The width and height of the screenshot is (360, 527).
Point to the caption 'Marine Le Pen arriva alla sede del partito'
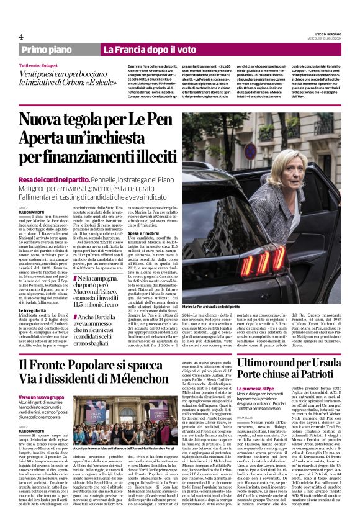[x=220, y=307]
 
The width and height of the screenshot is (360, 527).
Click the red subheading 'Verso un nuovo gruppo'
[x=41, y=396]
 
